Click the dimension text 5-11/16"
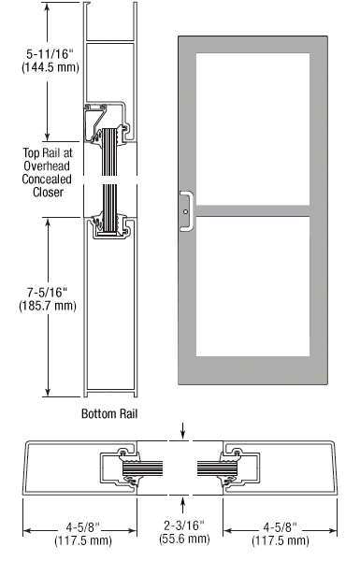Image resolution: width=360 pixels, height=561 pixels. [x=50, y=54]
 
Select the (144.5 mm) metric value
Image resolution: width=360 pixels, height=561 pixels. [x=50, y=67]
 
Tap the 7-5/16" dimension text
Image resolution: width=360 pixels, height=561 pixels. [x=48, y=293]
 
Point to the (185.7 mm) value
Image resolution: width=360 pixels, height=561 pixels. [x=48, y=306]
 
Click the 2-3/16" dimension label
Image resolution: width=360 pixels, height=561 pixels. [x=184, y=525]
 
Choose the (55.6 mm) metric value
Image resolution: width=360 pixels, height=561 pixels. [x=184, y=539]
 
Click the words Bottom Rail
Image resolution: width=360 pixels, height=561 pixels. [x=109, y=413]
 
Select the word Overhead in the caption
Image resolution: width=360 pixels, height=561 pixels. [x=47, y=166]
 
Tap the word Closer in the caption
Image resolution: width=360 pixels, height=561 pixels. [x=49, y=192]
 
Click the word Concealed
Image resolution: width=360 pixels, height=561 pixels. [x=47, y=179]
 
